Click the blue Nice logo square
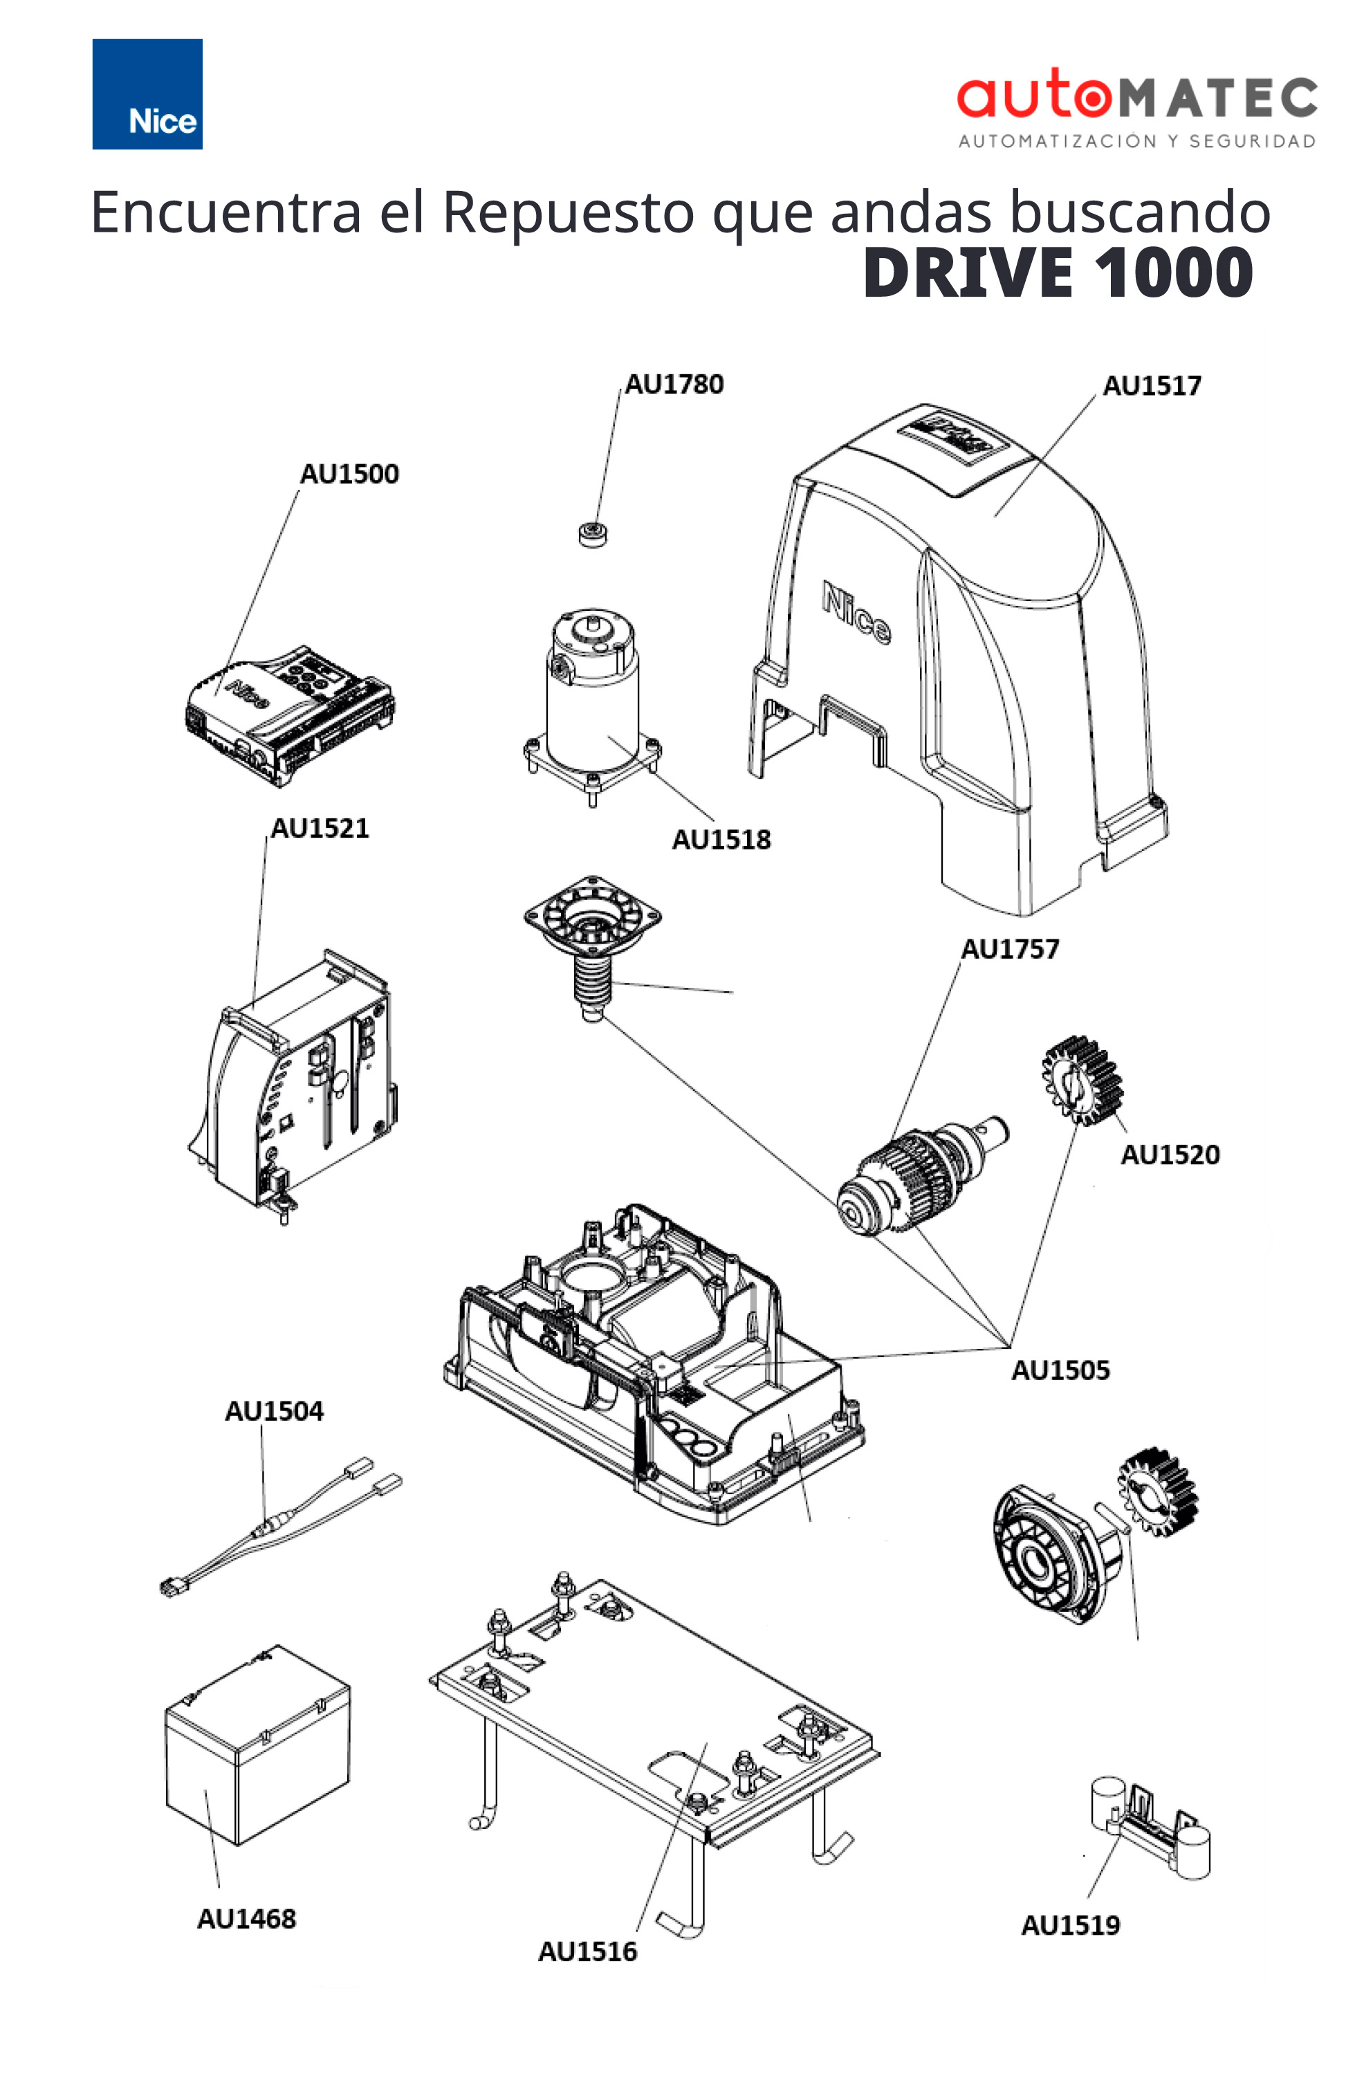(147, 94)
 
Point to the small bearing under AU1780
(593, 533)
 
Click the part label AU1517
(1151, 386)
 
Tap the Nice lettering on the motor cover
(856, 612)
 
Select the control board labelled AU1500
(289, 715)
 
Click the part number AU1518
(721, 840)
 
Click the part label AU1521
(319, 829)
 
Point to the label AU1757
(1010, 949)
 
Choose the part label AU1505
(1060, 1370)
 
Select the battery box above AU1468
(257, 1745)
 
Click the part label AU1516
(587, 1952)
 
